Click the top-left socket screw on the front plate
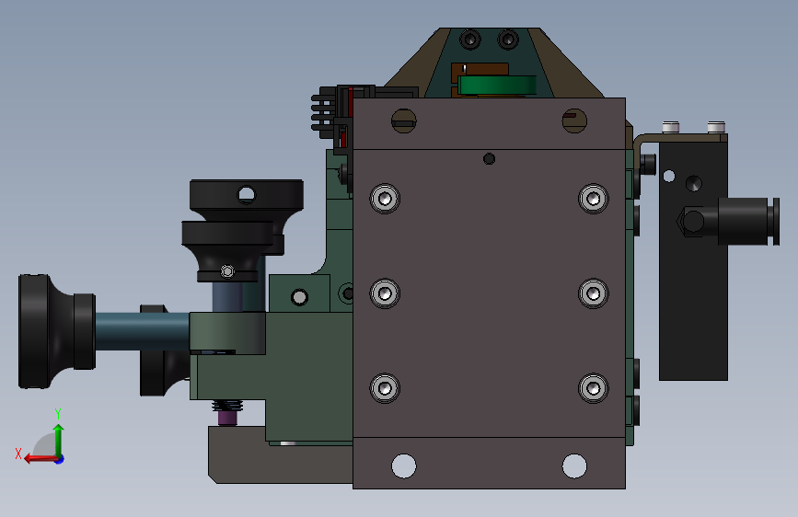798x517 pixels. coord(385,199)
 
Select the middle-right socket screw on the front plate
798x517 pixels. coord(594,293)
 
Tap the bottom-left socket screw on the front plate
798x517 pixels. coord(385,388)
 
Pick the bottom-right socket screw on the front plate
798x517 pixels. coord(594,388)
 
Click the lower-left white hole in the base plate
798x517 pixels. coord(403,465)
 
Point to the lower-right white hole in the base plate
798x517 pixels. coord(574,465)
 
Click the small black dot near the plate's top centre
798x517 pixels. coord(489,159)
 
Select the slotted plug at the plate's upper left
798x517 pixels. coord(403,121)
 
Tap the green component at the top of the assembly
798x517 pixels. coord(497,86)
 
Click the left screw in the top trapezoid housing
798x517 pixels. coord(469,40)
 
